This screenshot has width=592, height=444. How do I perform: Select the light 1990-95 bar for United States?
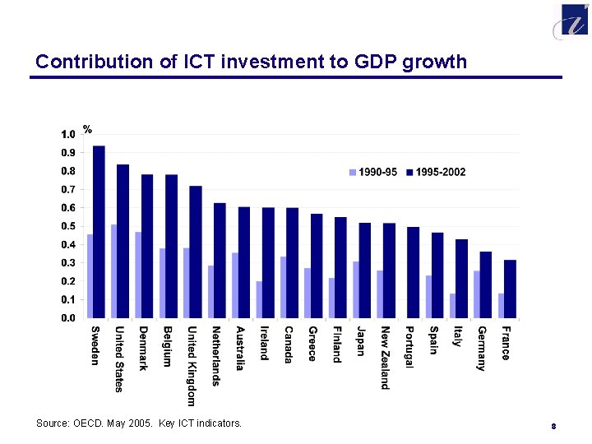[114, 271]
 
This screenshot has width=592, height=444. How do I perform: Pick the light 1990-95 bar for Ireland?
[260, 299]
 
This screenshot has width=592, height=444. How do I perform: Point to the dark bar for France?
[510, 289]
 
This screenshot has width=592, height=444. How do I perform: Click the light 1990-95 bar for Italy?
[453, 305]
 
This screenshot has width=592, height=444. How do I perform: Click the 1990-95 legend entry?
[373, 172]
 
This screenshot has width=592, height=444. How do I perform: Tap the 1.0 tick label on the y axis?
[67, 134]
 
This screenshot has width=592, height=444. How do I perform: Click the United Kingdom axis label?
[191, 366]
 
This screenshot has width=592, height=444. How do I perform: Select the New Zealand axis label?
[385, 358]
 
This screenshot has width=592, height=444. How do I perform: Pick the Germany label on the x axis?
[481, 349]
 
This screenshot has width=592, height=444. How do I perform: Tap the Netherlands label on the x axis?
[215, 355]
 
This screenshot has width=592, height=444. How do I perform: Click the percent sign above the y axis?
[87, 129]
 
